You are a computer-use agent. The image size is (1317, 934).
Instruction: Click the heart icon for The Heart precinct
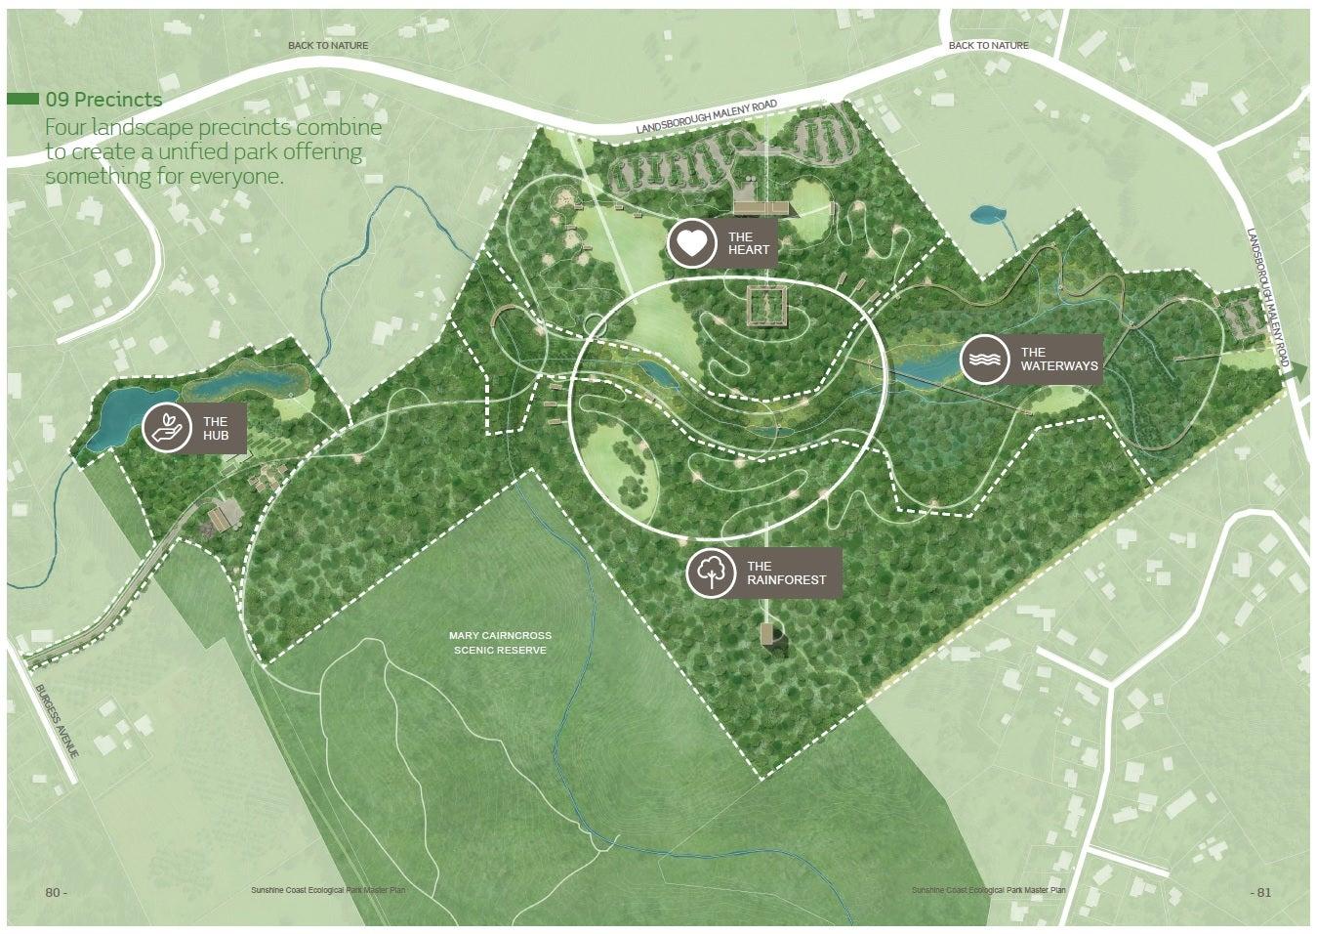click(x=691, y=243)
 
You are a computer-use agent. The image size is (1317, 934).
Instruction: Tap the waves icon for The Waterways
click(x=984, y=360)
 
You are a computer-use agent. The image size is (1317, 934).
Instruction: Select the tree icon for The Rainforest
click(x=711, y=573)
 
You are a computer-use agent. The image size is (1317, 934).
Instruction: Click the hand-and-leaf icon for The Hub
click(x=167, y=428)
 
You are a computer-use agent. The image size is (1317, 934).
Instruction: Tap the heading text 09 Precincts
click(x=103, y=100)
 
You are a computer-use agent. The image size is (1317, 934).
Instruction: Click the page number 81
click(x=1262, y=892)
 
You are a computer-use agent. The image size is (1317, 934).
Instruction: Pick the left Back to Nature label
click(x=328, y=46)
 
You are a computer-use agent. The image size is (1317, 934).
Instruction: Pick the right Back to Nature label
click(x=988, y=46)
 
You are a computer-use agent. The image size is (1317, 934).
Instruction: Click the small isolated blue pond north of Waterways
click(x=988, y=213)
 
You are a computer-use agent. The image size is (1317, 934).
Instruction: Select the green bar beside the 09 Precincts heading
click(x=22, y=100)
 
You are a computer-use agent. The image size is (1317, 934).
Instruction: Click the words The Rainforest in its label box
click(x=786, y=573)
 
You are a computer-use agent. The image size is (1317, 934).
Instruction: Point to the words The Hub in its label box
click(x=215, y=428)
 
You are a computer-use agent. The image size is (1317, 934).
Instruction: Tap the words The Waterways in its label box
click(x=1059, y=360)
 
